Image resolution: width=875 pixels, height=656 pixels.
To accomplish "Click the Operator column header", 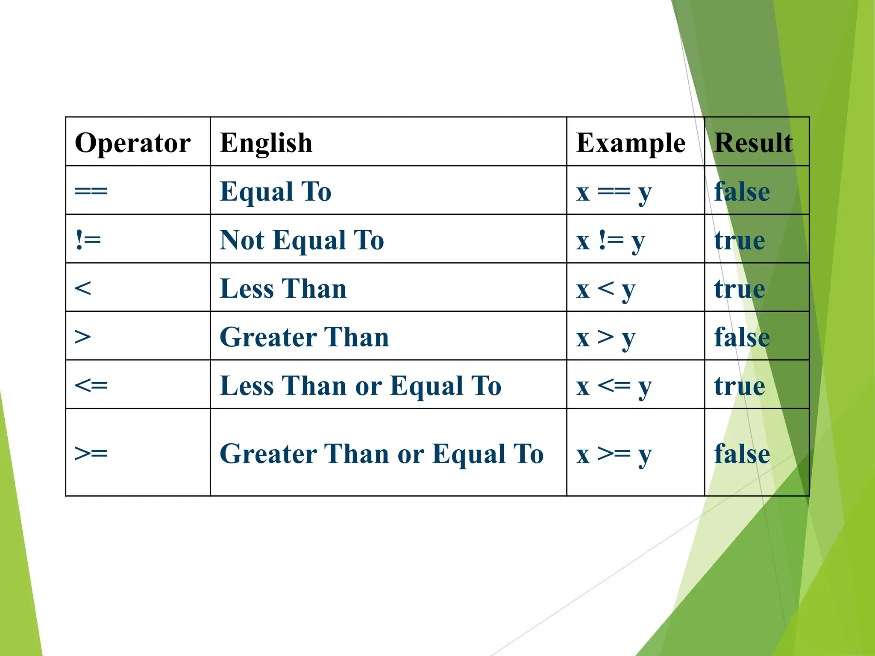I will [132, 143].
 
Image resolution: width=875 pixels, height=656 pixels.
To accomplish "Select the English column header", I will [266, 143].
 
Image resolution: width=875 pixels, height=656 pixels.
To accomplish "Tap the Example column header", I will [631, 143].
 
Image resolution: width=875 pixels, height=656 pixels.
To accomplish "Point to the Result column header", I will [753, 143].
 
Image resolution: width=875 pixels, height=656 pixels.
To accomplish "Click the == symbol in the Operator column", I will [91, 191].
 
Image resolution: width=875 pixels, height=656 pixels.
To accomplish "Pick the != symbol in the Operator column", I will [88, 240].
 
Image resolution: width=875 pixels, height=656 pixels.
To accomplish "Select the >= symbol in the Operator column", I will [91, 453].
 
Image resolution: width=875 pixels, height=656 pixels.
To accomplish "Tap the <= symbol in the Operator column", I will [91, 386].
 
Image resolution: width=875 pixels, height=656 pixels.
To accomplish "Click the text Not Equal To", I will [302, 240].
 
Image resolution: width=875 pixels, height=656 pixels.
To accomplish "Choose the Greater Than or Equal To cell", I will [382, 453].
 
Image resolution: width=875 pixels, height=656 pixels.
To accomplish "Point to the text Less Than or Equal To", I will [360, 386].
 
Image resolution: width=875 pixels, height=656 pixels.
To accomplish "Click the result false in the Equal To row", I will [742, 191].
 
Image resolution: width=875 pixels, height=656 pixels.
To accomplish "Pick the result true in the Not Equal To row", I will [740, 240].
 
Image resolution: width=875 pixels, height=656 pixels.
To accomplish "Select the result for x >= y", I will [742, 453].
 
